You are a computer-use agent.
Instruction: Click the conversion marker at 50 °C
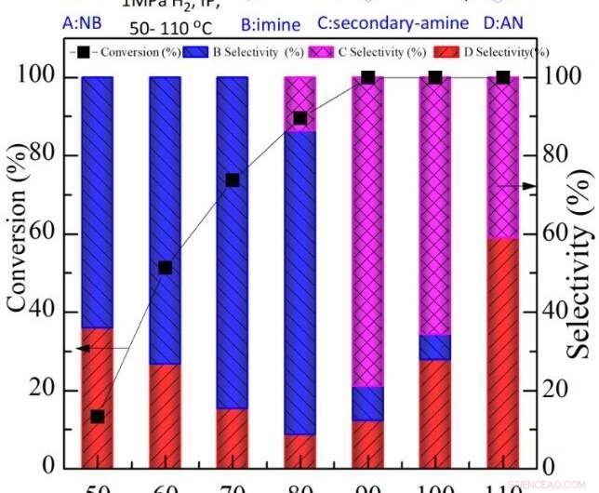coord(97,417)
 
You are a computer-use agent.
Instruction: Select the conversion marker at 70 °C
coord(233,180)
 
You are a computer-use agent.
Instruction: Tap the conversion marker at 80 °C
coord(299,118)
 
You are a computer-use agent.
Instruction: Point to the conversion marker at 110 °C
coord(503,77)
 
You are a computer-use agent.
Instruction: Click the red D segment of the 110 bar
coord(503,353)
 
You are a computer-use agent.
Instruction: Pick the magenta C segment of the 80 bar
coord(299,103)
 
